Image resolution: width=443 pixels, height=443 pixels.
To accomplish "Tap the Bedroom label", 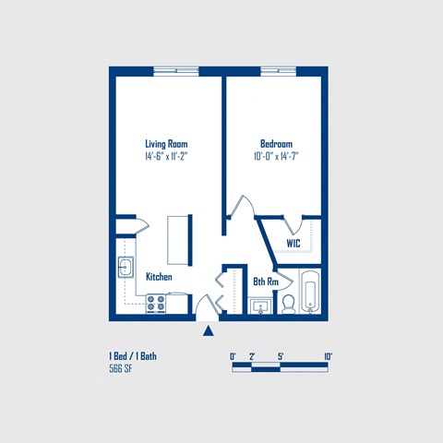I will coord(276,144).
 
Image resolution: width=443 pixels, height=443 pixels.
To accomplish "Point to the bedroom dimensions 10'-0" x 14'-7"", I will coord(276,157).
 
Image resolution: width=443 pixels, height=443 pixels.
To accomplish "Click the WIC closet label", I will coord(293,244).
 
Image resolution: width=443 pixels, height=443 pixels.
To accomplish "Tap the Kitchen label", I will coord(159,277).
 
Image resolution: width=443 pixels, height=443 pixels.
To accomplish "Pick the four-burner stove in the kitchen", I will coord(156,301).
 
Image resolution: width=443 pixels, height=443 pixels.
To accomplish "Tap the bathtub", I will coord(310,292).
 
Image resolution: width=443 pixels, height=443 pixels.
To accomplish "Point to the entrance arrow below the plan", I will coord(209,331).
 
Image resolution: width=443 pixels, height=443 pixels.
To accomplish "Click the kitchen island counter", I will coord(178,239).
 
